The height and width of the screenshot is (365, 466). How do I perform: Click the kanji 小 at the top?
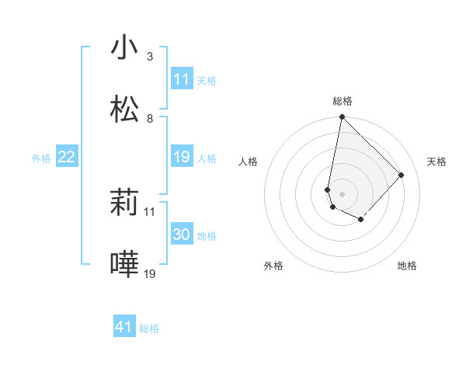(x=124, y=47)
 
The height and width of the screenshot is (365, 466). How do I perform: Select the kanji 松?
(x=124, y=109)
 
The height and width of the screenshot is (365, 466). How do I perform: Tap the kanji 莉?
(x=124, y=203)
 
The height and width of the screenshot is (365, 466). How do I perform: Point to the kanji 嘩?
(x=124, y=265)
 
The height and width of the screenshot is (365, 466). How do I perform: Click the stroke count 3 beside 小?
(x=150, y=57)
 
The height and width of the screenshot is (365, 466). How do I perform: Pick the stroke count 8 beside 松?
(x=150, y=119)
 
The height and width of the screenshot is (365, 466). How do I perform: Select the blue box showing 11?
(x=181, y=79)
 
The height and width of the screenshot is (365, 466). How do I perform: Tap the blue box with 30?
(x=181, y=235)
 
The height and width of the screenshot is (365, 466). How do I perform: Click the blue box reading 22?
(x=66, y=157)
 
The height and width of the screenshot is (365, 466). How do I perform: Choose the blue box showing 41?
(x=124, y=327)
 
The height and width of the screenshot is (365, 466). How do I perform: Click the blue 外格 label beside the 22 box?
(x=41, y=158)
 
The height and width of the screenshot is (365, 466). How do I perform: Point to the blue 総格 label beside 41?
(x=149, y=328)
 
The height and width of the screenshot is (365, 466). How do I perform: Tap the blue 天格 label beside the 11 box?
(x=207, y=81)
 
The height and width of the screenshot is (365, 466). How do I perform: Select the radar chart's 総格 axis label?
(x=343, y=101)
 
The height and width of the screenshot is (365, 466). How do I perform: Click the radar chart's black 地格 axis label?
(x=407, y=266)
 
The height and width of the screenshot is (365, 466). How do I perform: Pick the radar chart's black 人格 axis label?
(x=249, y=162)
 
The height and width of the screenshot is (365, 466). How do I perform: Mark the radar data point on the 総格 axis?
(x=342, y=117)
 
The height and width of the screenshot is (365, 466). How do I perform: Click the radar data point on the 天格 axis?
(x=401, y=175)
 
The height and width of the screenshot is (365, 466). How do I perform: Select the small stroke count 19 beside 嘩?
(x=151, y=274)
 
